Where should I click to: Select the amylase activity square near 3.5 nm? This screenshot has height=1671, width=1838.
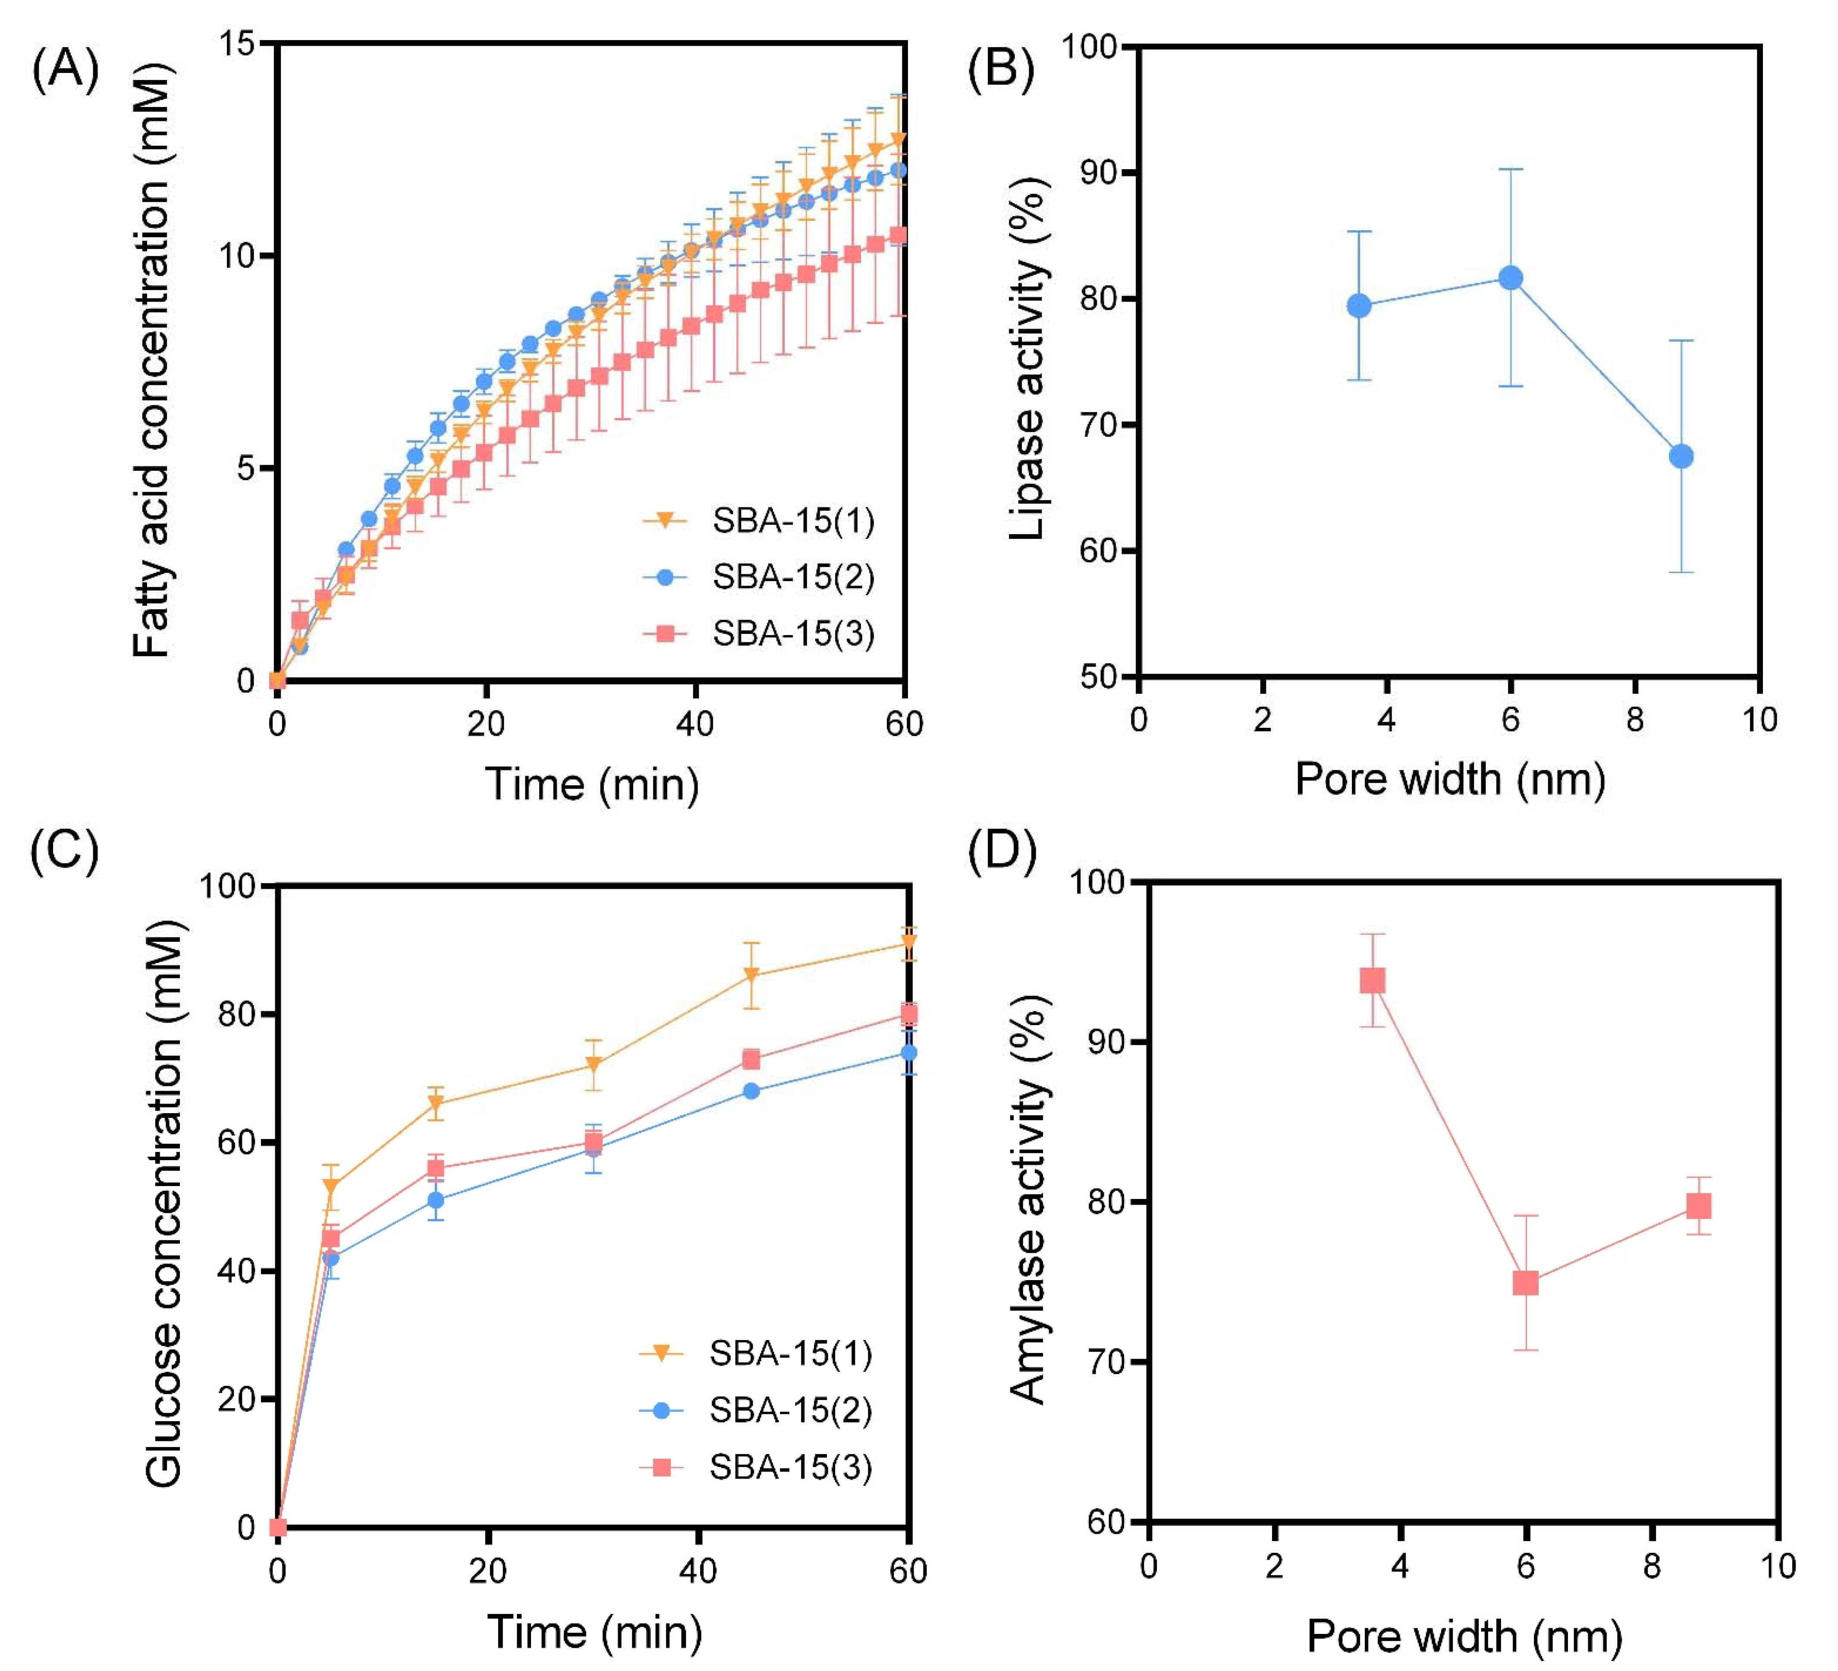(x=1372, y=981)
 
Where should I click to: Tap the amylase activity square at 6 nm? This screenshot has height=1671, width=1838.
(x=1525, y=1284)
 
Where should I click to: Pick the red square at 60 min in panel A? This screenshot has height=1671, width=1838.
(x=898, y=235)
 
